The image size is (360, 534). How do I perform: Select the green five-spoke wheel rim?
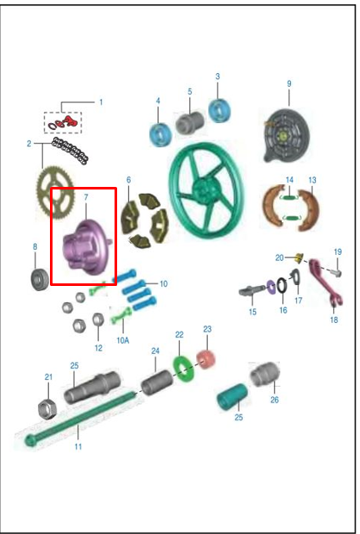pyautogui.click(x=207, y=189)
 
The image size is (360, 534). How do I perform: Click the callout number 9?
pyautogui.click(x=289, y=84)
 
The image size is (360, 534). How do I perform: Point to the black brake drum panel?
pyautogui.click(x=287, y=135)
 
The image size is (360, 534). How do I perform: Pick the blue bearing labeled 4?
pyautogui.click(x=160, y=135)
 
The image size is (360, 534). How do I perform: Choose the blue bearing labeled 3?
pyautogui.click(x=220, y=111)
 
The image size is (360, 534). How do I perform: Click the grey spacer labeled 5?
pyautogui.click(x=189, y=122)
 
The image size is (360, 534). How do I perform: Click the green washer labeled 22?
pyautogui.click(x=183, y=368)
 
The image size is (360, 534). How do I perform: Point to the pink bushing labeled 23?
pyautogui.click(x=206, y=359)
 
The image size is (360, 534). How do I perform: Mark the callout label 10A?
pyautogui.click(x=123, y=340)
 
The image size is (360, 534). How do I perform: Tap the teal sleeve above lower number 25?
pyautogui.click(x=233, y=397)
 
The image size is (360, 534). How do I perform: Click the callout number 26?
pyautogui.click(x=275, y=400)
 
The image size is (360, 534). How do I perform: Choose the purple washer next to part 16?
pyautogui.click(x=271, y=287)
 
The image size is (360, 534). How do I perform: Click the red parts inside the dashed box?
pyautogui.click(x=65, y=121)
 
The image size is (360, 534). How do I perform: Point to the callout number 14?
pyautogui.click(x=289, y=180)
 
